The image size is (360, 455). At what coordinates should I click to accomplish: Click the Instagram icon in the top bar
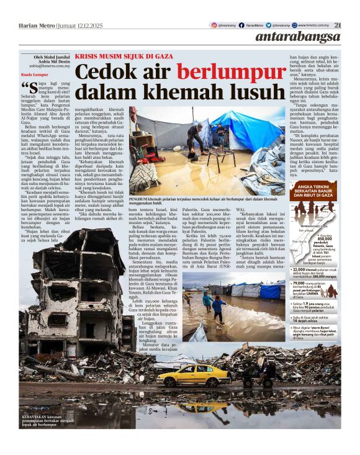tap(213, 25)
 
